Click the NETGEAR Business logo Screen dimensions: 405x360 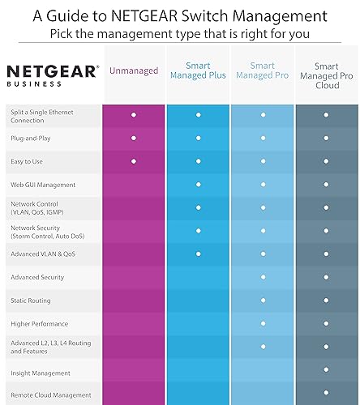[x=53, y=75]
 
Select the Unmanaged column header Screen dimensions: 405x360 [x=133, y=70]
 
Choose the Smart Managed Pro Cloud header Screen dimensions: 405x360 [x=326, y=75]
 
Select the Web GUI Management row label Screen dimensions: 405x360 [x=43, y=185]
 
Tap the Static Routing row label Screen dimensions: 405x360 [x=30, y=301]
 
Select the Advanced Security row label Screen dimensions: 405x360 [x=36, y=277]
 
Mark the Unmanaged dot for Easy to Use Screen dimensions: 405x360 [x=133, y=162]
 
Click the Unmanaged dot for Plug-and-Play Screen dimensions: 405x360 [x=133, y=139]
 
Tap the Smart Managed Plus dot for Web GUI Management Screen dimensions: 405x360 [x=198, y=185]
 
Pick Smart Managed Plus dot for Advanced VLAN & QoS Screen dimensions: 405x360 [x=198, y=254]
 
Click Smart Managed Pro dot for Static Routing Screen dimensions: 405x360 [x=262, y=301]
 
